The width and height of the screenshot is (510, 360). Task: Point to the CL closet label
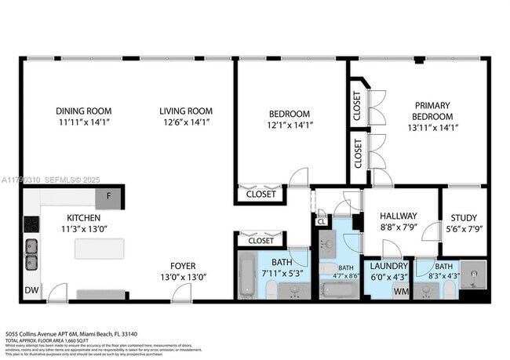[x=322, y=222]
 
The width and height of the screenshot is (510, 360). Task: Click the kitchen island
[x=99, y=249]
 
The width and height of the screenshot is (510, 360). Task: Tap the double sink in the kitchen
[x=32, y=253]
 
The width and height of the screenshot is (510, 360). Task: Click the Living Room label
[x=186, y=111]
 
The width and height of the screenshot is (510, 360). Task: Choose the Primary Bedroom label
[x=434, y=110]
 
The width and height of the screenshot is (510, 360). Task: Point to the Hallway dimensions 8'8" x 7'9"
[x=398, y=228]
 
